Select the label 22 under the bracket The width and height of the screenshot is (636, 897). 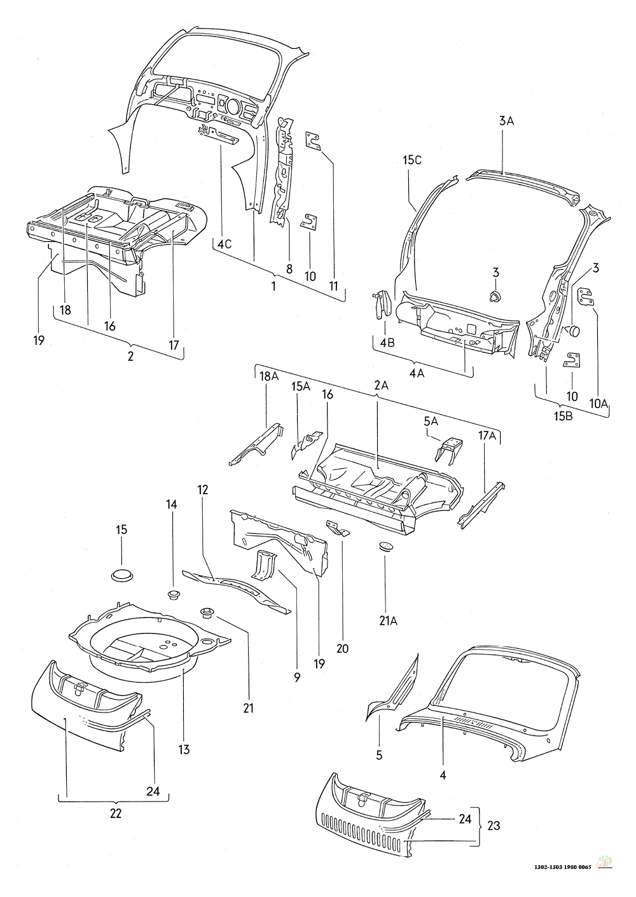[x=116, y=812]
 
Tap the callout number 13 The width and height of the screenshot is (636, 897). [x=184, y=750]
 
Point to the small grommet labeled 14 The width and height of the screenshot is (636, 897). [x=172, y=595]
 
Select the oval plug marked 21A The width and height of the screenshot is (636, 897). [x=385, y=545]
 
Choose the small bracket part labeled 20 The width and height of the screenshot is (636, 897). [x=336, y=527]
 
